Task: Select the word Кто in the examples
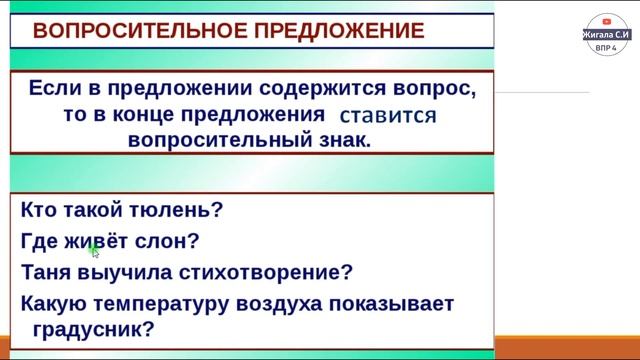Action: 38,210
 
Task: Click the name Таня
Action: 46,272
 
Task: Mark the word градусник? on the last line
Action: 87,328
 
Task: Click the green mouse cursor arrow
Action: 91,248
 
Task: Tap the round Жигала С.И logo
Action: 605,34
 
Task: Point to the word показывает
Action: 400,303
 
